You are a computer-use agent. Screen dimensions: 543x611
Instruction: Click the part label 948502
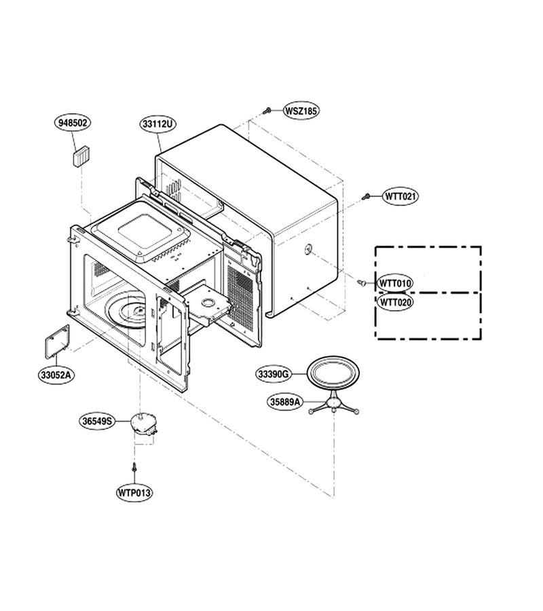pyautogui.click(x=73, y=123)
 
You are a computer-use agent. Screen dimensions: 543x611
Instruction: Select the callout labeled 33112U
pyautogui.click(x=157, y=124)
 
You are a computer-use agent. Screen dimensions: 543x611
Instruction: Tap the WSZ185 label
pyautogui.click(x=301, y=111)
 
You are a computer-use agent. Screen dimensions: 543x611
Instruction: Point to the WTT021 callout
pyautogui.click(x=400, y=196)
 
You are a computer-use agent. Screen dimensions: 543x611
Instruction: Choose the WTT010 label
pyautogui.click(x=395, y=283)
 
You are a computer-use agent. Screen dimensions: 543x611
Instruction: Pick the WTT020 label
pyautogui.click(x=395, y=302)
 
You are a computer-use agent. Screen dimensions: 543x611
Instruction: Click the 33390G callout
pyautogui.click(x=274, y=374)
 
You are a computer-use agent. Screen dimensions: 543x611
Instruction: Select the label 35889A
pyautogui.click(x=285, y=402)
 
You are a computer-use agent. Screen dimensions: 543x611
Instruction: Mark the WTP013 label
pyautogui.click(x=134, y=493)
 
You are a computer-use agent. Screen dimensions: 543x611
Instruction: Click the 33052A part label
pyautogui.click(x=56, y=375)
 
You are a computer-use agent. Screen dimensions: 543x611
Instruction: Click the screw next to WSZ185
pyautogui.click(x=267, y=111)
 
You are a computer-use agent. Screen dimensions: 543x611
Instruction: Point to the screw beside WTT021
pyautogui.click(x=366, y=196)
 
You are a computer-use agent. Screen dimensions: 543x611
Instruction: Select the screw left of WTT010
pyautogui.click(x=361, y=282)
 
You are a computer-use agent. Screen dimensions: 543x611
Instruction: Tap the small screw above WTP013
pyautogui.click(x=134, y=466)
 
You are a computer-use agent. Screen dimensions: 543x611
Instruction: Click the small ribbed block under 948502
pyautogui.click(x=81, y=156)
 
